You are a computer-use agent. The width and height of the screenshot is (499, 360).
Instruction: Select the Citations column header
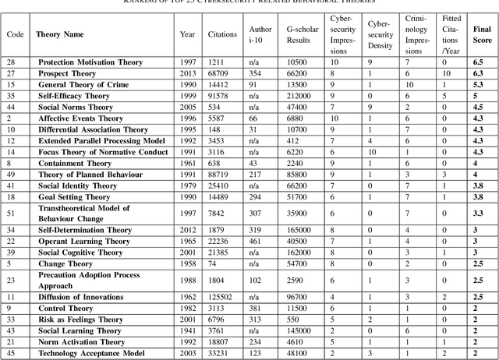coord(223,34)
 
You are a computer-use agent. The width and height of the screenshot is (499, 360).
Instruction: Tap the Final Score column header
coord(482,34)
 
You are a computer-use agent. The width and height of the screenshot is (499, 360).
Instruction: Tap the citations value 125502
coord(222,297)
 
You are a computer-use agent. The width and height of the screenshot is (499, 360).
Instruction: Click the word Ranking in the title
coord(152,2)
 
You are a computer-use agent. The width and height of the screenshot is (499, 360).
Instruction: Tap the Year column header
coord(187,34)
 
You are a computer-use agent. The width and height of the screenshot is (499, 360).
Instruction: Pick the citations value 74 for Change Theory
coord(222,264)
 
